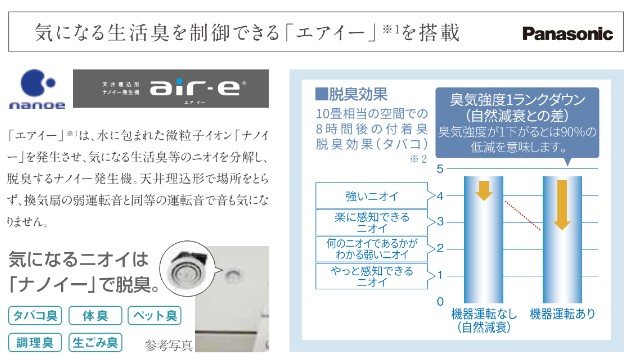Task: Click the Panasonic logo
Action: [567, 34]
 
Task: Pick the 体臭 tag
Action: [95, 317]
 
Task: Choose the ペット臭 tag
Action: [153, 317]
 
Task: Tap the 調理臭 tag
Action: [35, 343]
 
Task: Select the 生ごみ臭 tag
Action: [95, 343]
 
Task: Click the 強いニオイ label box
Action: [357, 195]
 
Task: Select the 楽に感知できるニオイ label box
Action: [357, 221]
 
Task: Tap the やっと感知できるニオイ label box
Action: [357, 275]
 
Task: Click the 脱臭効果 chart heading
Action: [351, 94]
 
